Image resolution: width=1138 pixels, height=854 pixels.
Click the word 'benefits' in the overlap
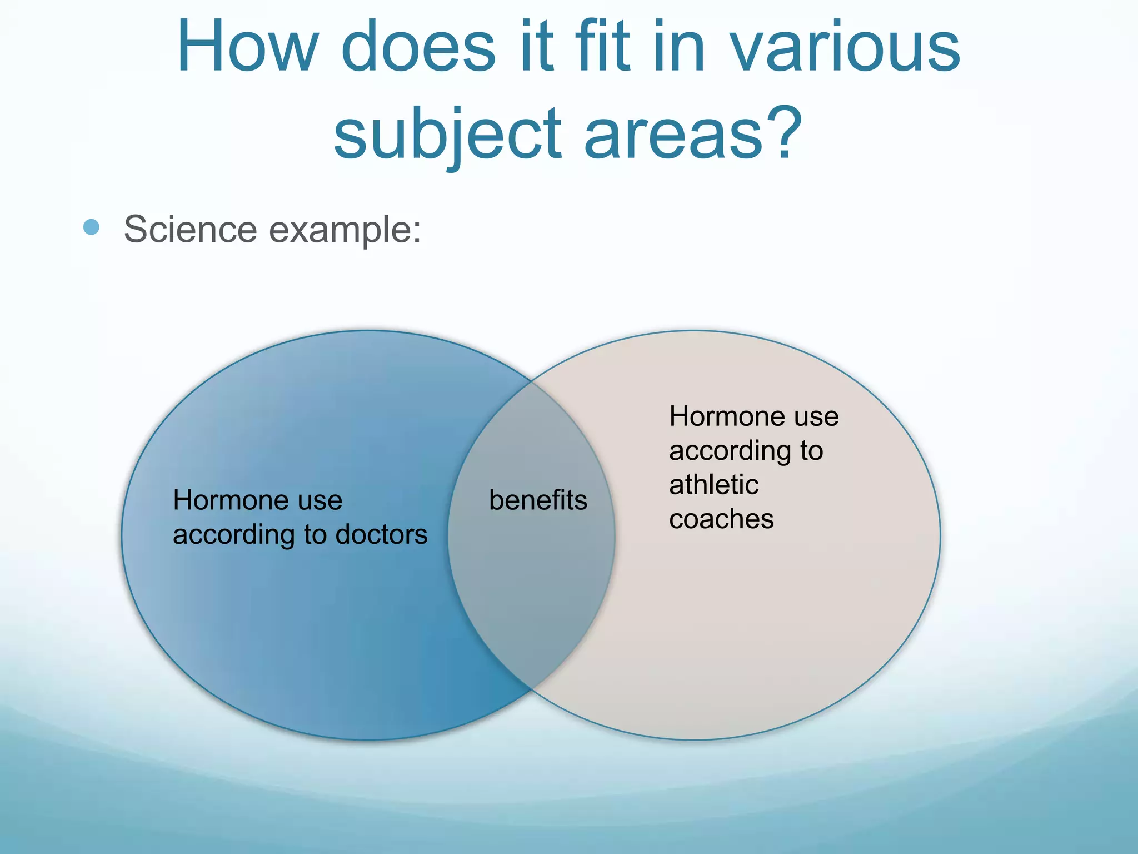[x=538, y=500]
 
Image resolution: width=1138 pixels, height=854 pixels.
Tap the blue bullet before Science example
[x=91, y=227]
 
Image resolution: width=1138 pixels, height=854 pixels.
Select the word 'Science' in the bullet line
[x=190, y=229]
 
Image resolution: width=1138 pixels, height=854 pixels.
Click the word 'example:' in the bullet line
[x=345, y=230]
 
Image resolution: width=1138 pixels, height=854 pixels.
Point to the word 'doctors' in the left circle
[x=381, y=534]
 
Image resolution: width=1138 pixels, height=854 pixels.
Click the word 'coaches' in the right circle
[x=721, y=519]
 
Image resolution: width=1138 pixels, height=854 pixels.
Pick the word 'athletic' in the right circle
[x=713, y=484]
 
